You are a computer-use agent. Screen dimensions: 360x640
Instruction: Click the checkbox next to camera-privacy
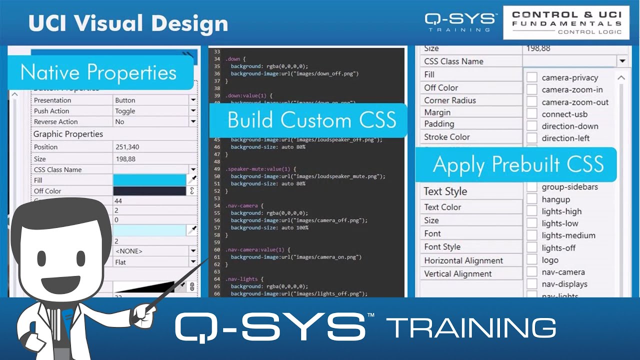point(532,77)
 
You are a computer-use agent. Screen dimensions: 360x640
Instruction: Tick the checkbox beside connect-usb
point(532,114)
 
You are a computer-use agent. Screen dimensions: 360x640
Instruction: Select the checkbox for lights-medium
point(532,235)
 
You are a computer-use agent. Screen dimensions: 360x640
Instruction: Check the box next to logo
point(532,260)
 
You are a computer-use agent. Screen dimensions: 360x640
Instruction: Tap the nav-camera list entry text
point(563,272)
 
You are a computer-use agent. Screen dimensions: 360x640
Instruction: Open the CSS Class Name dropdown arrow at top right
point(622,61)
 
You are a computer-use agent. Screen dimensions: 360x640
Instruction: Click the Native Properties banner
point(99,72)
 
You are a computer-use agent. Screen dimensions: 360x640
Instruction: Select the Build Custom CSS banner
point(311,120)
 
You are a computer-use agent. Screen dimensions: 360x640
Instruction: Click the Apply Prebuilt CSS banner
point(518,164)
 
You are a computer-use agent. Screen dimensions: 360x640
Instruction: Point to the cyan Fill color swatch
point(149,180)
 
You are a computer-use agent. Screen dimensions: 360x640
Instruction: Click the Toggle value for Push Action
point(125,111)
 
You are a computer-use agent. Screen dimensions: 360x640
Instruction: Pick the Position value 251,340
point(127,147)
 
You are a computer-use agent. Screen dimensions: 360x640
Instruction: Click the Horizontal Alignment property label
point(463,260)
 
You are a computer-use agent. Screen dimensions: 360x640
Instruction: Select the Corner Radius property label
point(450,100)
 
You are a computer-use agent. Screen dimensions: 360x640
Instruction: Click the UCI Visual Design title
point(128,23)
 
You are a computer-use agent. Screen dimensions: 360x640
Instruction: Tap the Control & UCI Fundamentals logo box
point(566,23)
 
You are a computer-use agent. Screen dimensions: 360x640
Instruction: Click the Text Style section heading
point(445,191)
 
